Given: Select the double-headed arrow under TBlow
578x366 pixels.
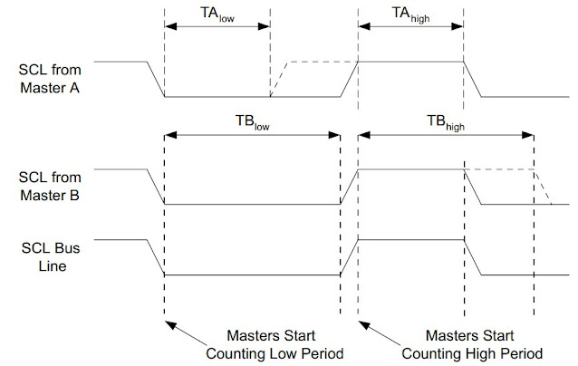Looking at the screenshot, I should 252,136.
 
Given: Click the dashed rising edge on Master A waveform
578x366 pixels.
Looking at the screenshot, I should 278,79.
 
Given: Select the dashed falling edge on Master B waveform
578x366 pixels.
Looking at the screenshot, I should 544,187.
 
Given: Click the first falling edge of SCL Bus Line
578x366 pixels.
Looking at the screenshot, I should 155,256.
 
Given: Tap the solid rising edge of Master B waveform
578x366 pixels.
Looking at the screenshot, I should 350,187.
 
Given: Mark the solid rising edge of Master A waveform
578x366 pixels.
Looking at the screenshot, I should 350,79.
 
